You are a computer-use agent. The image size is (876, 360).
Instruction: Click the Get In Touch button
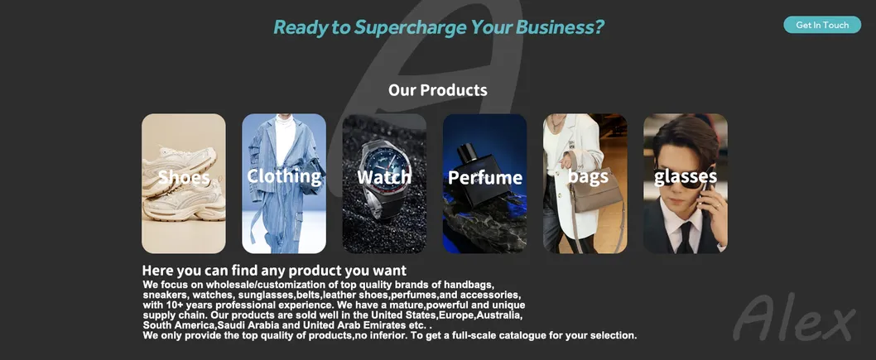coord(822,25)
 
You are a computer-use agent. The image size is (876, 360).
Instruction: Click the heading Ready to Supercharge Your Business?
coord(438,27)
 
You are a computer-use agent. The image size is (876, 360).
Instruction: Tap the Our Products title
coord(437,89)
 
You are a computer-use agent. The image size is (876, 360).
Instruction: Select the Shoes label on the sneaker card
coord(184,177)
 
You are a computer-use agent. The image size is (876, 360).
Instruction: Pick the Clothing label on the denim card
coord(284,175)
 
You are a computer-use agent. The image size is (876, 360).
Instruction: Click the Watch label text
coord(384,177)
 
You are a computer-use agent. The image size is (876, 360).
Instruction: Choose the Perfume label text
coord(485,177)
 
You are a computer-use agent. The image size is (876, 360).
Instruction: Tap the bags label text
coord(588,176)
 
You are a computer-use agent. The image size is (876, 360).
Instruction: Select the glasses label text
coord(686,175)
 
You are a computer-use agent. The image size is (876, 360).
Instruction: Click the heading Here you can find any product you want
coord(274,271)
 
